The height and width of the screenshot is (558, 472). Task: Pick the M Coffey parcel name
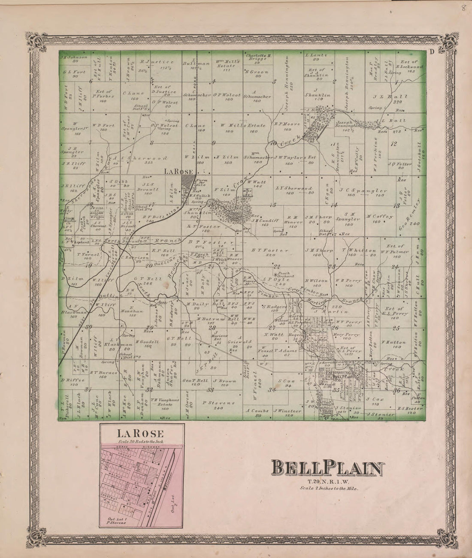[x=380, y=216]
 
